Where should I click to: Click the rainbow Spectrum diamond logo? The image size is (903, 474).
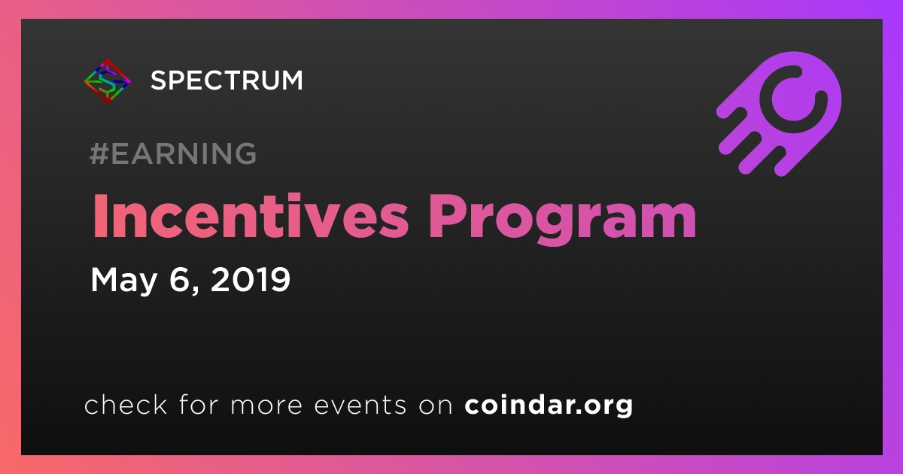pos(107,81)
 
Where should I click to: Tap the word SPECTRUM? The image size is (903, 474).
pos(227,81)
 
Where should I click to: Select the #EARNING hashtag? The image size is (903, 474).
pos(173,153)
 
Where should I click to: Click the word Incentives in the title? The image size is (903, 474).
pos(251,216)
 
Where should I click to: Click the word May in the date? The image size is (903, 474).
pos(123,280)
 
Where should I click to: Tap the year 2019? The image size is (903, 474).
pos(251,279)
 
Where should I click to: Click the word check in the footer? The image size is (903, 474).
pos(126,404)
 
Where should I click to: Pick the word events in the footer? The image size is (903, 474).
pos(360,405)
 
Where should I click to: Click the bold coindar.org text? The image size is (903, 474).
pos(549,406)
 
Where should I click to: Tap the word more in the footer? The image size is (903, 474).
pos(266,406)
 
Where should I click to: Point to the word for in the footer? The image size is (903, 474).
pos(199,404)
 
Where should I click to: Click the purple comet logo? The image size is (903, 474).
pos(779,114)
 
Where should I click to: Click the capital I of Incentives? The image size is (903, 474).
pos(100,217)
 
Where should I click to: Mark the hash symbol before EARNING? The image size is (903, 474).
pos(99,153)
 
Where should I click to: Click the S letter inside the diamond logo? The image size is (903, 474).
pos(107,81)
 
